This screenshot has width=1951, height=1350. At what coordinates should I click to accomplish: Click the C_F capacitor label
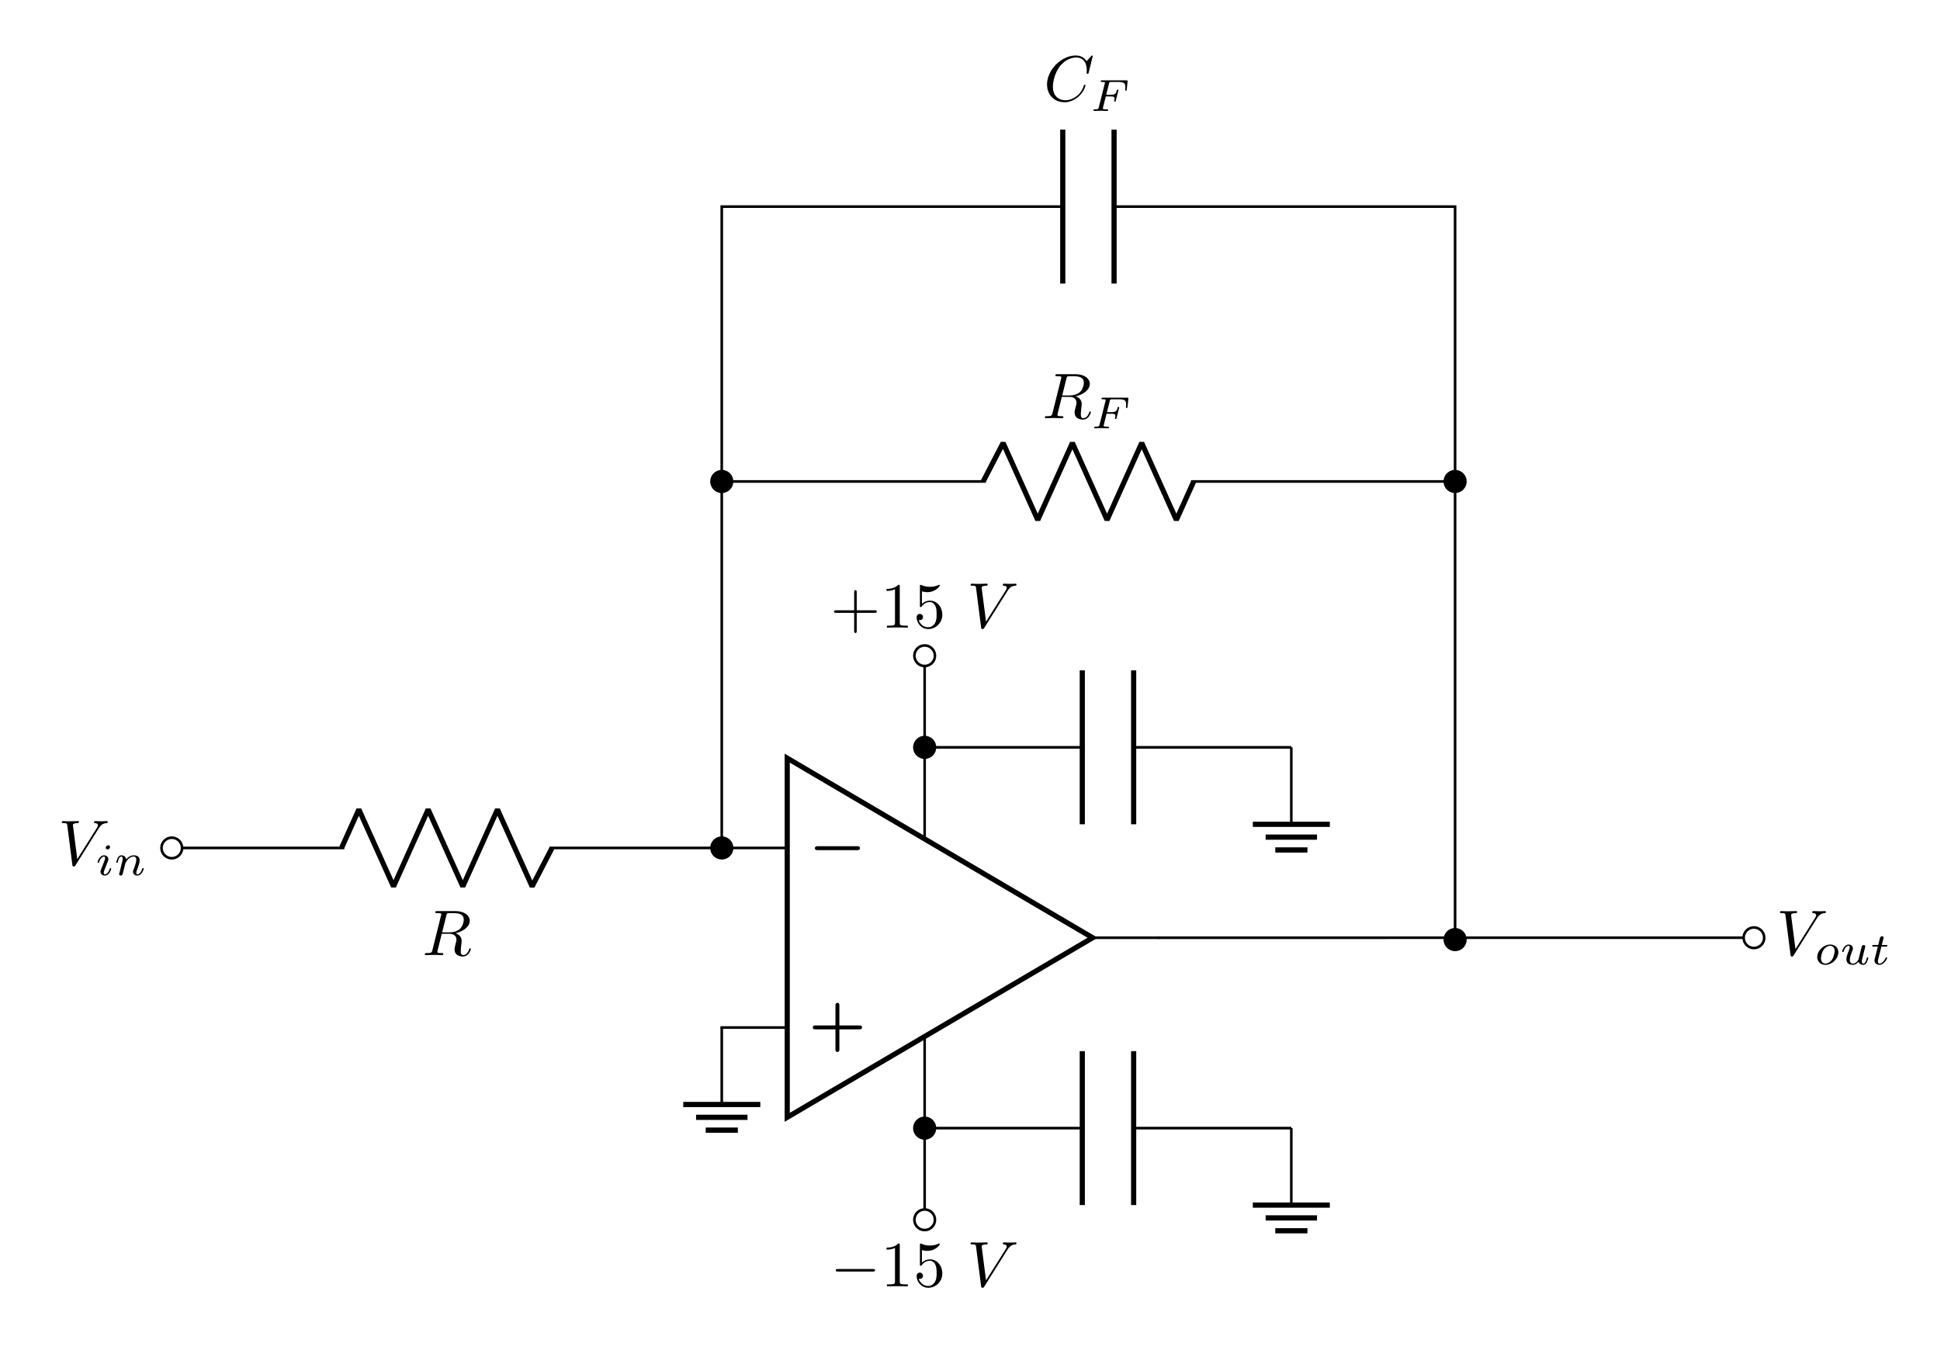coord(1086,84)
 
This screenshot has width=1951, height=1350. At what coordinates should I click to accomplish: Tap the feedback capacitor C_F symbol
coord(1088,206)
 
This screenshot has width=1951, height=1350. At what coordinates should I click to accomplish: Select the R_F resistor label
coord(1086,400)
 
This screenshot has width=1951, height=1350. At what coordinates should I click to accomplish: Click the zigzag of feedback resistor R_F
coord(1088,480)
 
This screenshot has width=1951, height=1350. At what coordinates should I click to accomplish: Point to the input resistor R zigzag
coord(447,847)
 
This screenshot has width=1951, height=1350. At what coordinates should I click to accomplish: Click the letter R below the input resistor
coord(448,934)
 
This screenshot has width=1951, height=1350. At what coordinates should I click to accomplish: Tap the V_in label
coord(102,848)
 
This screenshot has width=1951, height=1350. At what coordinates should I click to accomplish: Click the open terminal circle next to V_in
coord(172,847)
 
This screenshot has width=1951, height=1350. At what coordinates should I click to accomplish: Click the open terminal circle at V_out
coord(1754,937)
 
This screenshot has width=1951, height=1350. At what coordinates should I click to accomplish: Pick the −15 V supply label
coord(923,1265)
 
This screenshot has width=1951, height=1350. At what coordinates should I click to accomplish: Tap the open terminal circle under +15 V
coord(925,656)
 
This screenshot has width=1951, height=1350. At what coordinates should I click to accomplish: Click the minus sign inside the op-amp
coord(837,847)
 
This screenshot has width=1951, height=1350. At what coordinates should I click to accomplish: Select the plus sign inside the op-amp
coord(837,1027)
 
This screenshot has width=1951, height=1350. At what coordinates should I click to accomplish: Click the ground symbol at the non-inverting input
coord(721,1116)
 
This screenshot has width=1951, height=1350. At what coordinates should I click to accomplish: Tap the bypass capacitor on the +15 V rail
coord(1107,747)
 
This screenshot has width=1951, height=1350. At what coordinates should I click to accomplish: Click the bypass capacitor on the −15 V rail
coord(1107,1127)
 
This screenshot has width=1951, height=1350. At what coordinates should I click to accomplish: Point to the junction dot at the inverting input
coord(721,847)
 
